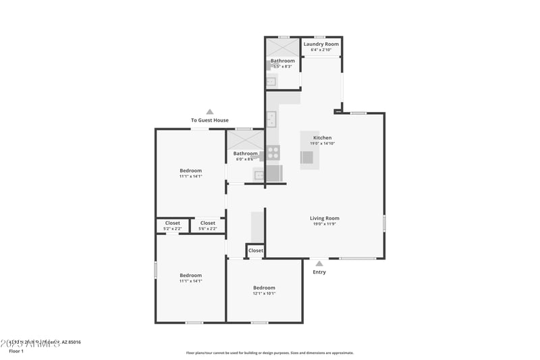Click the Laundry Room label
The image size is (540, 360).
(321, 44)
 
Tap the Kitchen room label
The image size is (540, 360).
(322, 138)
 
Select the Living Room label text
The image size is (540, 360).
(324, 218)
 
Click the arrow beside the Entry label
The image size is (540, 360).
(319, 264)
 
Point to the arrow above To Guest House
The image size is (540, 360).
(210, 112)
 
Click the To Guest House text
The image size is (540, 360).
(210, 120)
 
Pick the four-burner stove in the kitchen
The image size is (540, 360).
(273, 153)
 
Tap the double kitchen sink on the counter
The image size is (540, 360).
(271, 120)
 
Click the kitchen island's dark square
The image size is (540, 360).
(307, 157)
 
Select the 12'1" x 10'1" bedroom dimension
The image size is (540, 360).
(264, 294)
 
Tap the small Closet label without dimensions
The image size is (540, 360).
(256, 251)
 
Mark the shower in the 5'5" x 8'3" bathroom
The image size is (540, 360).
(282, 47)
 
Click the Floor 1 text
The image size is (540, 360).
(16, 351)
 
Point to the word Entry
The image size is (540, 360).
(319, 272)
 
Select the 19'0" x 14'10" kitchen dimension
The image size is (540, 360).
(322, 143)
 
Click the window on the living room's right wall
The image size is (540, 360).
(384, 224)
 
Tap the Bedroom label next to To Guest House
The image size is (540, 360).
(190, 170)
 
